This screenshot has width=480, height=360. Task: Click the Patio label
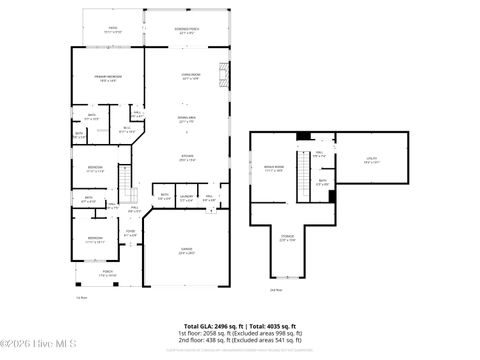[112, 30]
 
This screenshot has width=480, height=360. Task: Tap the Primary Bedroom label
[109, 79]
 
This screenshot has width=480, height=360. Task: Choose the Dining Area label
[187, 120]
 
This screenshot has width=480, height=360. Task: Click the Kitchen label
[187, 157]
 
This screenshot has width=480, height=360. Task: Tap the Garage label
[187, 252]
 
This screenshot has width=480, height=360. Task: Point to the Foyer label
[129, 235]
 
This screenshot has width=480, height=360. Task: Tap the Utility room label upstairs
[371, 160]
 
